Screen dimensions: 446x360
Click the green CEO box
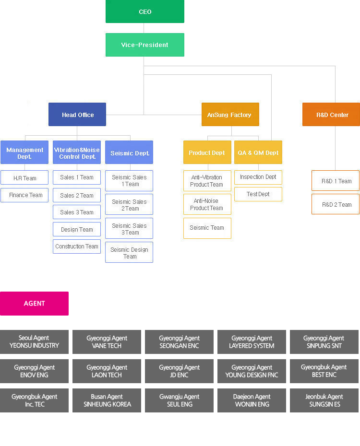pyautogui.click(x=144, y=12)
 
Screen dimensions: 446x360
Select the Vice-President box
pyautogui.click(x=144, y=45)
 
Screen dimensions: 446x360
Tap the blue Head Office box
pyautogui.click(x=77, y=115)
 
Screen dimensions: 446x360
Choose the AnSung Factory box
pyautogui.click(x=230, y=115)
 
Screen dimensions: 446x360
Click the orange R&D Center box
pyautogui.click(x=331, y=115)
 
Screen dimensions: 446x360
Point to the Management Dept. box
pyautogui.click(x=24, y=153)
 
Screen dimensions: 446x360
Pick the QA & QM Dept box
pyautogui.click(x=258, y=153)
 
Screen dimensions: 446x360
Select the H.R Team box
pyautogui.click(x=24, y=178)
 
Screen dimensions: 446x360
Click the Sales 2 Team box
pyautogui.click(x=77, y=195)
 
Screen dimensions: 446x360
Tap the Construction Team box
pyautogui.click(x=77, y=246)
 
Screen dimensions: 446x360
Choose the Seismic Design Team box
pyautogui.click(x=129, y=253)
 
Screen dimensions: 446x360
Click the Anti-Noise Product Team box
pyautogui.click(x=207, y=204)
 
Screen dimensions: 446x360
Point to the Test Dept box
pyautogui.click(x=258, y=194)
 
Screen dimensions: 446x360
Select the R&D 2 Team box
pyautogui.click(x=336, y=204)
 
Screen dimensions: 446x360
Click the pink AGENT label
pyautogui.click(x=34, y=303)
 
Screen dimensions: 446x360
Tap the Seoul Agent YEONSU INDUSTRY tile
pyautogui.click(x=34, y=342)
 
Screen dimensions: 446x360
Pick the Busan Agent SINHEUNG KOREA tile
pyautogui.click(x=107, y=400)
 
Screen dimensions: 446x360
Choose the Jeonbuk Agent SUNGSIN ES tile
pyautogui.click(x=324, y=400)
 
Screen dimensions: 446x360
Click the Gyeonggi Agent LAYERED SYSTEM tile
pyautogui.click(x=252, y=342)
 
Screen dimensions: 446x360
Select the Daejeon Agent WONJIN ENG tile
pyautogui.click(x=252, y=400)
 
